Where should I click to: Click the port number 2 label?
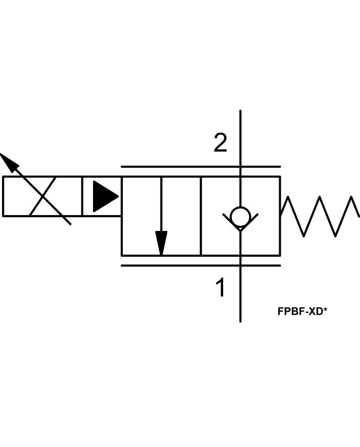point(220,143)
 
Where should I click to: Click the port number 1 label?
point(220,288)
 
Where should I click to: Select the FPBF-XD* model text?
point(302,311)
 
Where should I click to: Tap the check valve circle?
point(240,217)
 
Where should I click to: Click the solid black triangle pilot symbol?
point(105,196)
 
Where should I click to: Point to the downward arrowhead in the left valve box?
point(161,243)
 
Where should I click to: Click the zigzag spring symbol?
point(320,216)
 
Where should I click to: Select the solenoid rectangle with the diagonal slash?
point(42,196)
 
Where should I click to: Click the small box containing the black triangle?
point(102,196)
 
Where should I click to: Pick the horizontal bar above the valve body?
point(201,167)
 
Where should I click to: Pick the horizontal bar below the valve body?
point(201,265)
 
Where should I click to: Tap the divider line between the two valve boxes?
point(201,216)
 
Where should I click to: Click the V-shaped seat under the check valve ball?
point(240,224)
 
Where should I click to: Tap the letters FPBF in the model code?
point(290,311)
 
